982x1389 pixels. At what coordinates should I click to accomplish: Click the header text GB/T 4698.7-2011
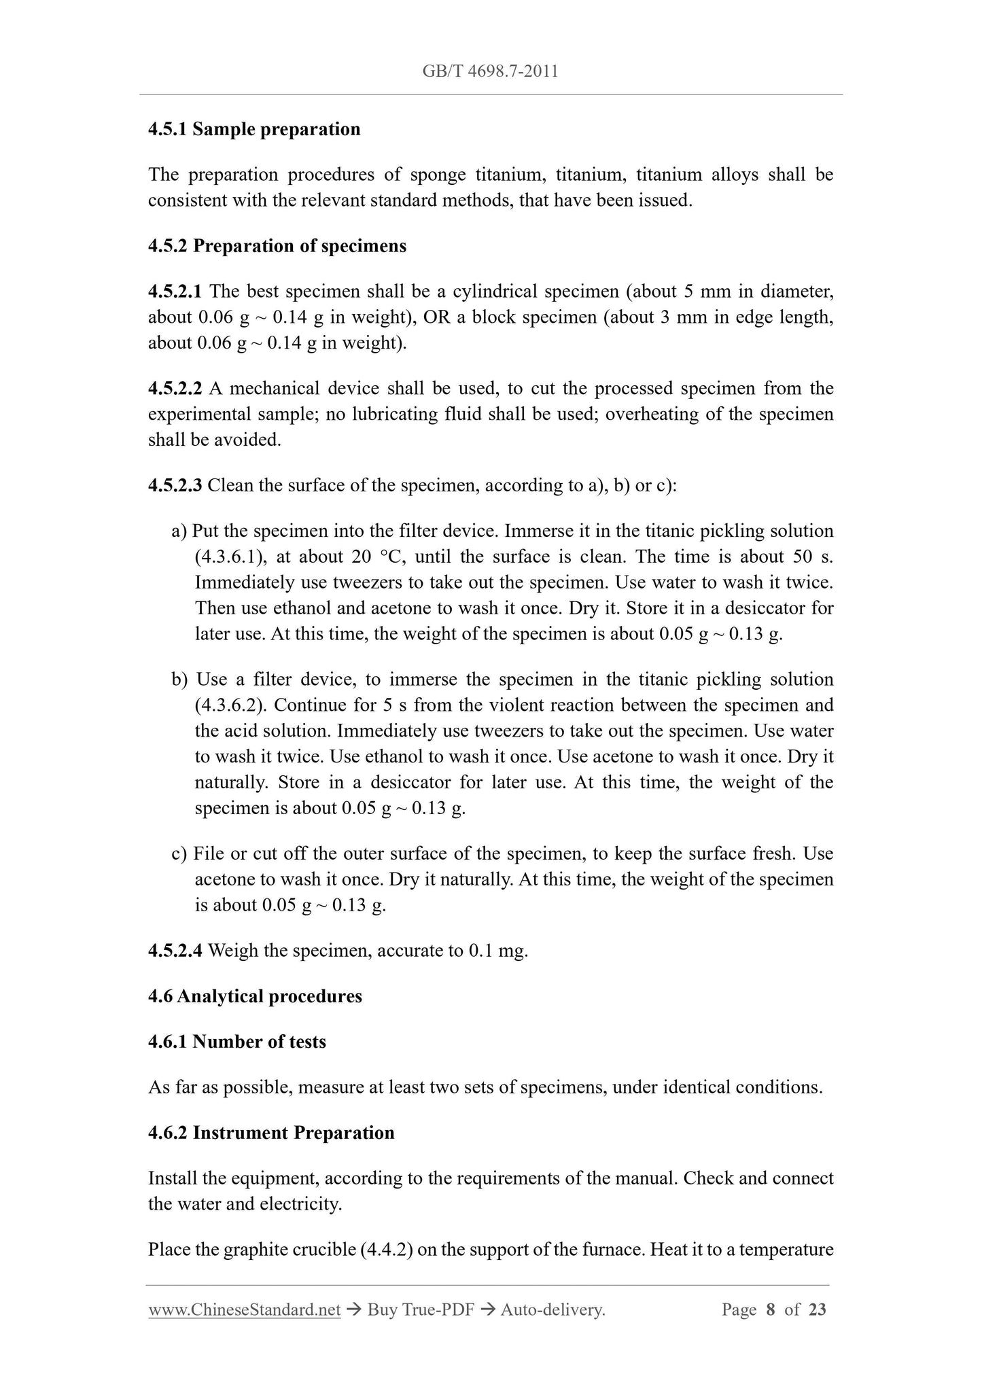point(490,71)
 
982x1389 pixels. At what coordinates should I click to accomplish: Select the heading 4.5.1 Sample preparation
point(254,129)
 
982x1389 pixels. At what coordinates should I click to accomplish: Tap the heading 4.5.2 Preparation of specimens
point(277,246)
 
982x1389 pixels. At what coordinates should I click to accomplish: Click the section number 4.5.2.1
point(175,292)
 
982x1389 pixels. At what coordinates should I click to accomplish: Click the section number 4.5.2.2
point(175,389)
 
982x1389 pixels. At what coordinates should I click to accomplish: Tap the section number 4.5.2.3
point(175,485)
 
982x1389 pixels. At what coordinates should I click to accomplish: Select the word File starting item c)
point(209,854)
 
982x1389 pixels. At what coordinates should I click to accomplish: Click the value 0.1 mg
point(497,951)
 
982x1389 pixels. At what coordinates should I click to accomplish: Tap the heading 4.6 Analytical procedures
point(255,996)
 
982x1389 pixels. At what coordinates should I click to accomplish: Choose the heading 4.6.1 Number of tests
point(236,1042)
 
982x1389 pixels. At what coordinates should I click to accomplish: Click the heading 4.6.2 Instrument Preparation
point(271,1133)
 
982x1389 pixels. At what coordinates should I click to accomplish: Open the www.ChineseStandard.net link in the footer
point(244,1309)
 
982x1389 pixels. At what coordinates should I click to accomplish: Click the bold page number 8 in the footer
point(770,1309)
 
